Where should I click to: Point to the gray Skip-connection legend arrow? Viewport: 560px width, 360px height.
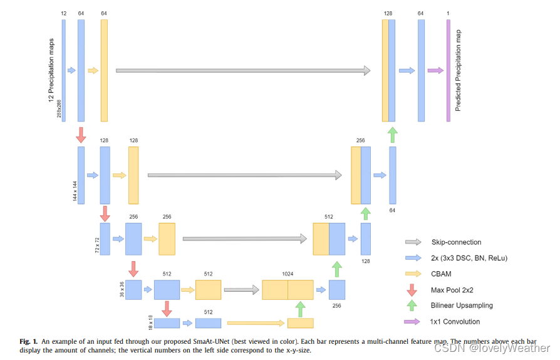tap(413, 242)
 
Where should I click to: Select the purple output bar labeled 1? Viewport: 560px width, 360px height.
tap(448, 70)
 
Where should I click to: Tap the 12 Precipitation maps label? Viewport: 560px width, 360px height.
tap(51, 69)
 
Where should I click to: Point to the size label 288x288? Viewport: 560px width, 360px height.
tap(60, 106)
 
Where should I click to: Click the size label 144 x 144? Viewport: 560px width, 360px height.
tap(74, 190)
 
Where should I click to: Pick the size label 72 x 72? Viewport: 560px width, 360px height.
tap(96, 245)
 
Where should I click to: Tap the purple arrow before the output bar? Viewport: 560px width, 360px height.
tap(435, 71)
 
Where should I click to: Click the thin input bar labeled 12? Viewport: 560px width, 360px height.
tap(64, 70)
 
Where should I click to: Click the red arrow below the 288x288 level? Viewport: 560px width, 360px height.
tap(81, 134)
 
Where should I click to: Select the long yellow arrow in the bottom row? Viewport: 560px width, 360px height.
tap(256, 323)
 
